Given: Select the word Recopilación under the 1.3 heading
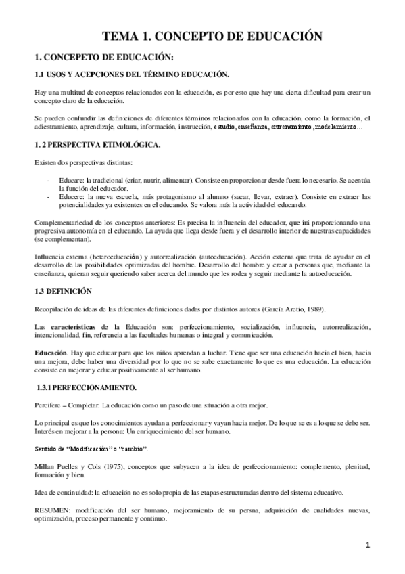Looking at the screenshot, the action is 55,309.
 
